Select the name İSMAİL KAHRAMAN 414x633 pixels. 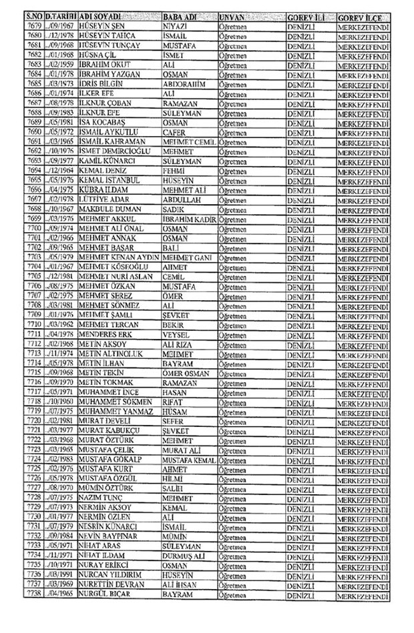coord(110,142)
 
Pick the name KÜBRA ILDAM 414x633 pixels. coord(103,189)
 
